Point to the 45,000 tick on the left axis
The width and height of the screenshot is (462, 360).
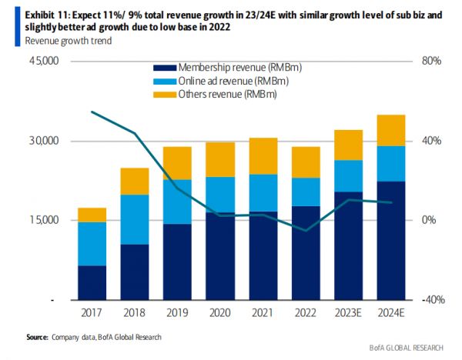44,61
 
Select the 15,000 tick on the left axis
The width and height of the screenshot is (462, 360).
44,221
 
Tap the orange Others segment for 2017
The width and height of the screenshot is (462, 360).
92,215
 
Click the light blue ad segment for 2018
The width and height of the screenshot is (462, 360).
135,219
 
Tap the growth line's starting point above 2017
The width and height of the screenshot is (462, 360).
92,112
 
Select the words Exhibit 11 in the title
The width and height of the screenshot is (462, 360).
28,15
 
